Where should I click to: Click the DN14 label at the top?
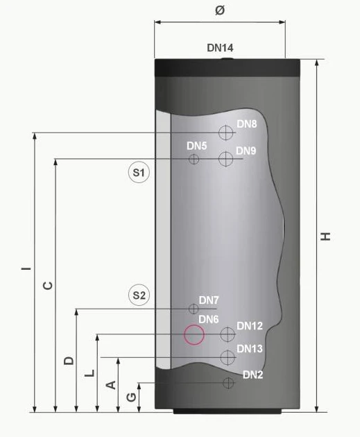tap(220, 48)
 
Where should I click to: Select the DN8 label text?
tap(247, 124)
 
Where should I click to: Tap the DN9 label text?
tap(246, 151)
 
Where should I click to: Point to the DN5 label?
tap(196, 146)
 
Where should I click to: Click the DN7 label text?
tap(209, 300)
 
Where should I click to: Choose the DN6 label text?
tap(208, 319)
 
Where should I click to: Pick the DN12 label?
tap(250, 326)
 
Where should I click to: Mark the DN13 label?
tap(250, 349)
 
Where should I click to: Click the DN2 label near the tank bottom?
tap(253, 375)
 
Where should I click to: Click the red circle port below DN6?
tap(194, 336)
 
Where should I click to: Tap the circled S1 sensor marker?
tap(139, 172)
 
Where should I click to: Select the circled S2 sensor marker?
tap(139, 295)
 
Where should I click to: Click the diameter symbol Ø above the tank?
tap(220, 10)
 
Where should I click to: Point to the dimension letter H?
tap(326, 237)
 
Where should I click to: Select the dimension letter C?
tap(47, 285)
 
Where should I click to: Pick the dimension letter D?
tap(68, 360)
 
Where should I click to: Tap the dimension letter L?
tap(89, 373)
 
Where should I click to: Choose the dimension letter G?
tap(131, 397)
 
